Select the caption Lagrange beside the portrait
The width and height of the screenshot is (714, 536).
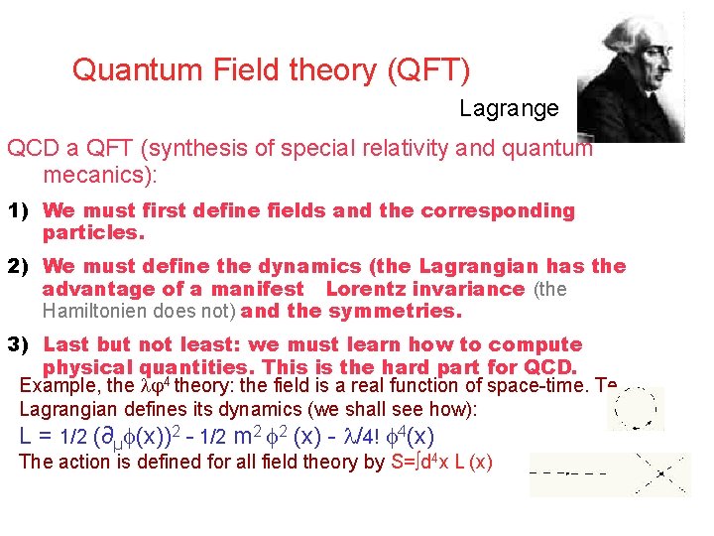point(509,109)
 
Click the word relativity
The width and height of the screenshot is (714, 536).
point(407,149)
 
